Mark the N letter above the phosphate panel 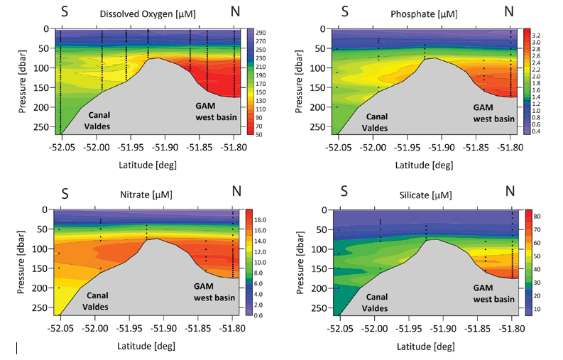[508, 11]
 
